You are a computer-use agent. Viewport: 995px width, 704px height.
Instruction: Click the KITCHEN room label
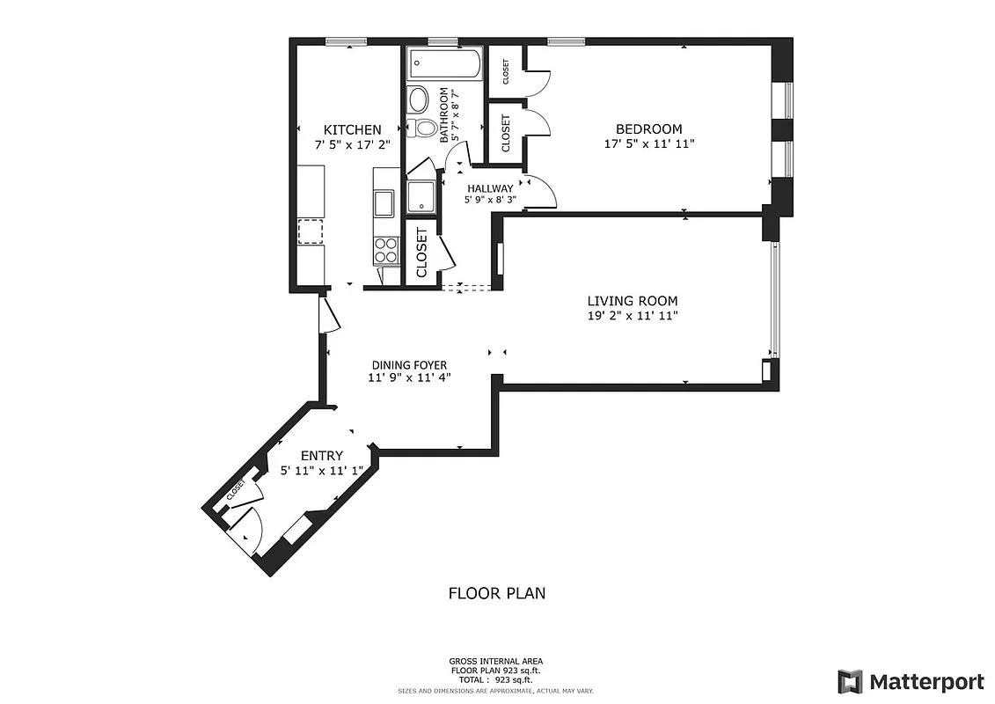(x=352, y=129)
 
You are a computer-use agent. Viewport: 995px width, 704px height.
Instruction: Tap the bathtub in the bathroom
(x=445, y=64)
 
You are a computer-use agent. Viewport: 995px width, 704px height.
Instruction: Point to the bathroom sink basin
(x=419, y=98)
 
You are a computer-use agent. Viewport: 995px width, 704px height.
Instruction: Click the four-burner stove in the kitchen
(x=386, y=251)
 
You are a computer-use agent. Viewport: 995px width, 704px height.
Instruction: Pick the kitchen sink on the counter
(x=384, y=202)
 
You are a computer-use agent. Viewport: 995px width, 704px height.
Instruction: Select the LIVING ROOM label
(x=633, y=300)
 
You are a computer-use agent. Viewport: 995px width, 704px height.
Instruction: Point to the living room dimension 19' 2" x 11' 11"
(x=633, y=315)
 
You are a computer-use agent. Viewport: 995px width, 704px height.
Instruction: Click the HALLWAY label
(x=490, y=188)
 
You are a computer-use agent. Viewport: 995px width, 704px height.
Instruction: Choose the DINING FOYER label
(x=408, y=365)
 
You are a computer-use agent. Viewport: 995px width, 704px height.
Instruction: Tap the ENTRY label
(x=321, y=455)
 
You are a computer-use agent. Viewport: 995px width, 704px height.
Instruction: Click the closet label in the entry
(x=237, y=491)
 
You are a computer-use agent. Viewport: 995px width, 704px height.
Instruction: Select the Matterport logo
(x=911, y=681)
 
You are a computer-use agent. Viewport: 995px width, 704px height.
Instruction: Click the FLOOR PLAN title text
(x=497, y=593)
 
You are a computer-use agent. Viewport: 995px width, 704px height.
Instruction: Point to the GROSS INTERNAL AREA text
(x=497, y=661)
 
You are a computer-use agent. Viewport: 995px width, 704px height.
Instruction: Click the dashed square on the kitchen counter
(x=310, y=231)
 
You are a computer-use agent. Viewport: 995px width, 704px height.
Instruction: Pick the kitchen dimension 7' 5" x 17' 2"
(x=352, y=144)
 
